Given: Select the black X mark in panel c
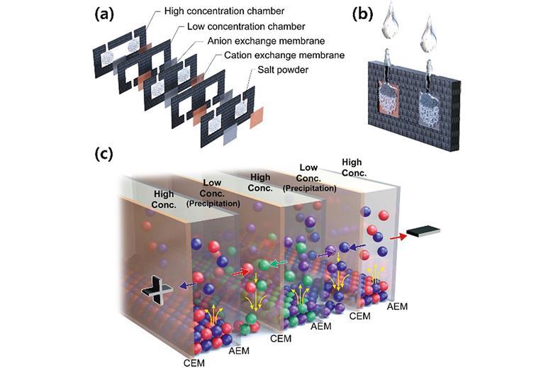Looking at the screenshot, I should click(x=153, y=287).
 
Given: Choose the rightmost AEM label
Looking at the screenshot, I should click(x=397, y=306).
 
